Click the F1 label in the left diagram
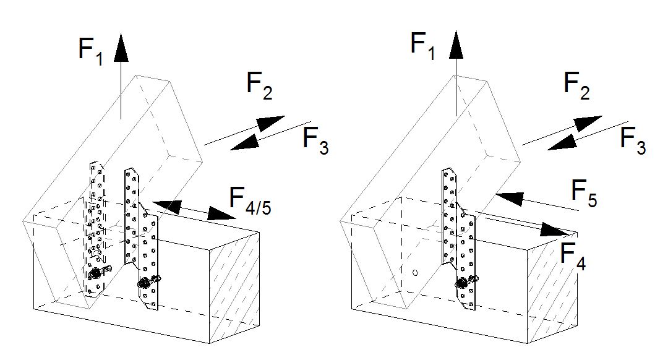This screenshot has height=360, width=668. pyautogui.click(x=91, y=49)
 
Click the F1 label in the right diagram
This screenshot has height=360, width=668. pyautogui.click(x=424, y=46)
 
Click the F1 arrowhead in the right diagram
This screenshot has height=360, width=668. pyautogui.click(x=456, y=45)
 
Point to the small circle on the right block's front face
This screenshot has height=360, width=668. pyautogui.click(x=415, y=272)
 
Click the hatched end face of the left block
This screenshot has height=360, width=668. pyautogui.click(x=236, y=285)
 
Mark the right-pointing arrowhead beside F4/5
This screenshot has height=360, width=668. pyautogui.click(x=220, y=215)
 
